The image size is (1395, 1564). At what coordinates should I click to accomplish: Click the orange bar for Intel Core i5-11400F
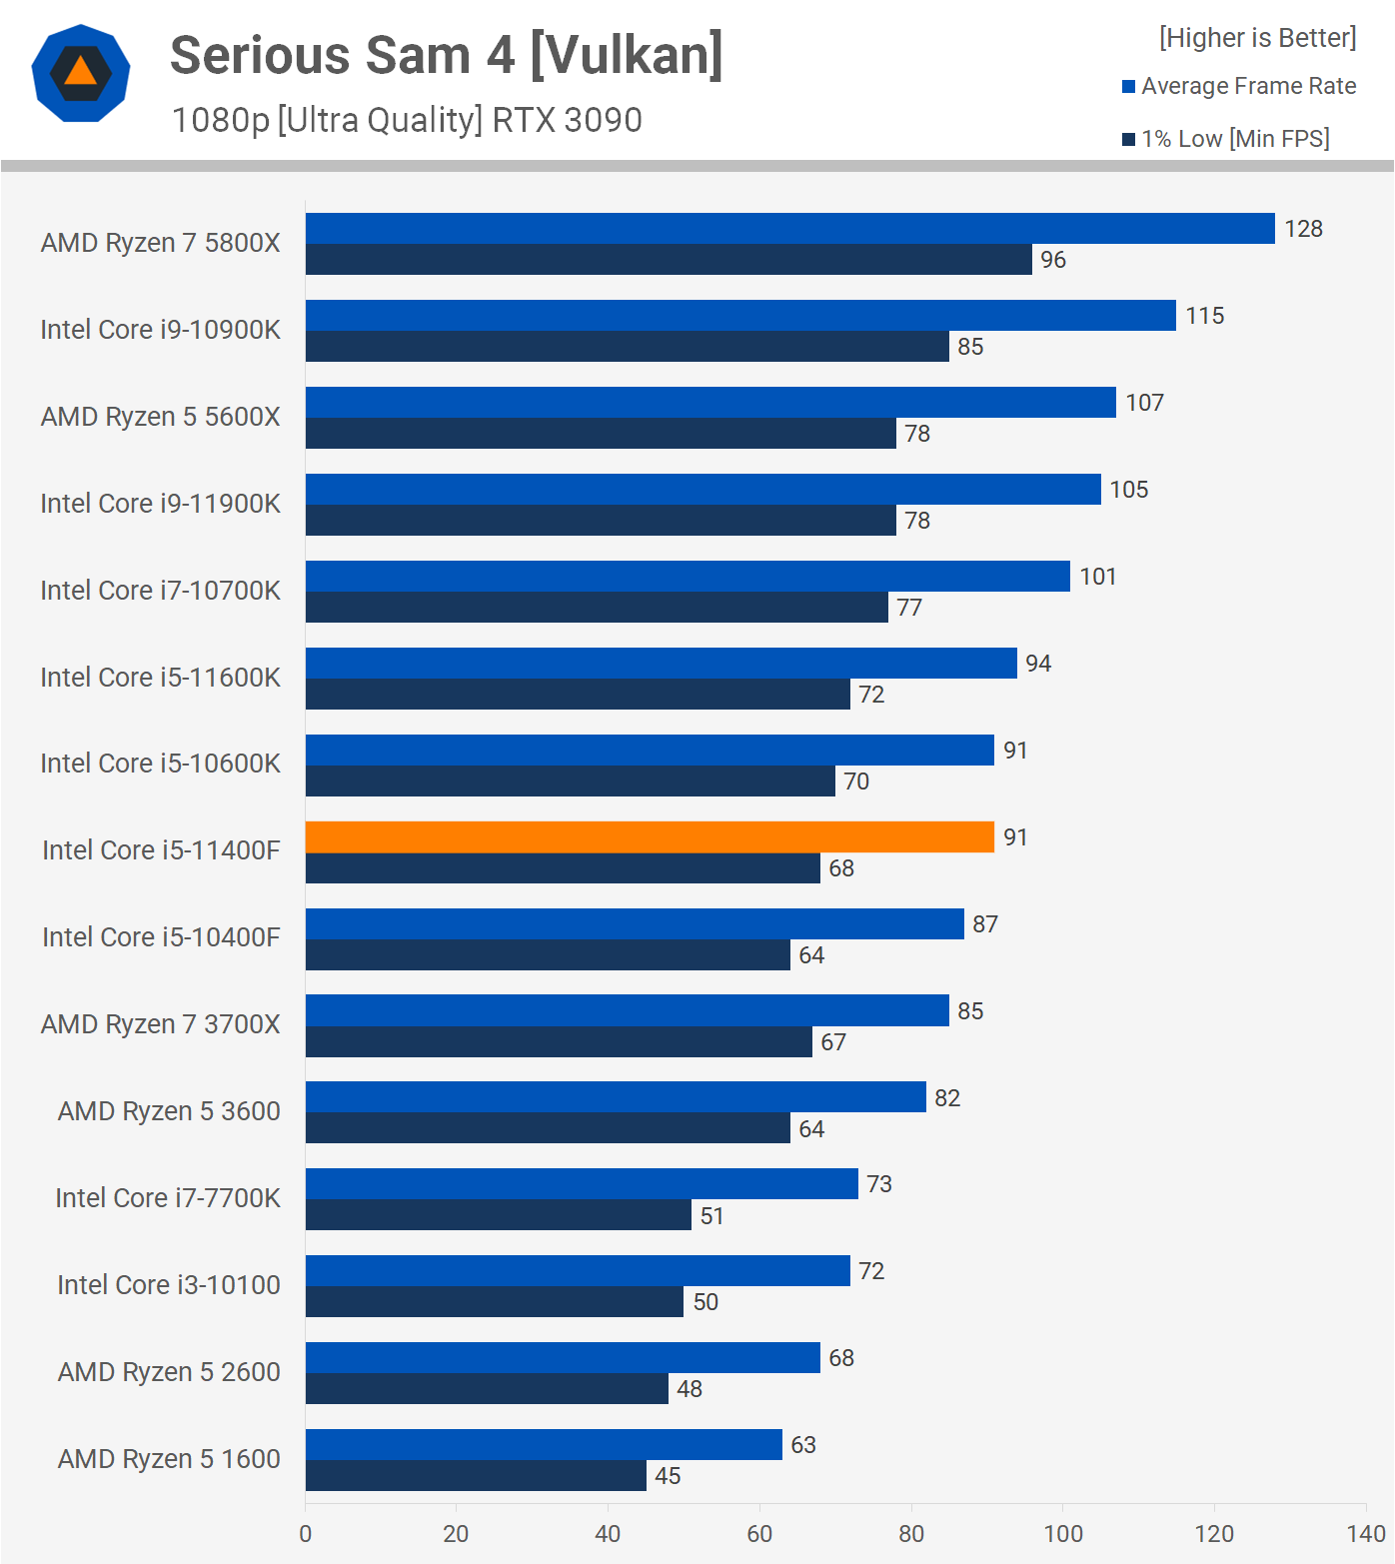[x=650, y=837]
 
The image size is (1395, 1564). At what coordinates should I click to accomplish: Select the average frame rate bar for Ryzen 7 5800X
[x=789, y=229]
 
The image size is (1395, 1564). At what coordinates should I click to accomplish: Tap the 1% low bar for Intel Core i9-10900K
[x=628, y=347]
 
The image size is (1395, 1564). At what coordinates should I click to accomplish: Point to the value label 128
[x=1303, y=229]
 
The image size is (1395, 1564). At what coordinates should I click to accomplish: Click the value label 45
[x=668, y=1476]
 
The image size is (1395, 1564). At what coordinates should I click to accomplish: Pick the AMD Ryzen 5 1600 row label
[x=169, y=1459]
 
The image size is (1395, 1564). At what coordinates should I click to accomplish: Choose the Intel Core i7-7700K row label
[x=168, y=1198]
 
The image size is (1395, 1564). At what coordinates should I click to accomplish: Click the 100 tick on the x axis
[x=1063, y=1534]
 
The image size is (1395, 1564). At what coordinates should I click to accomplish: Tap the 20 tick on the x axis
[x=456, y=1534]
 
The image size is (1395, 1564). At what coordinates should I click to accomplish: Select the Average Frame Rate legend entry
[x=1248, y=86]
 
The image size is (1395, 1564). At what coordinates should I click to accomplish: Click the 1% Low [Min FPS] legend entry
[x=1235, y=139]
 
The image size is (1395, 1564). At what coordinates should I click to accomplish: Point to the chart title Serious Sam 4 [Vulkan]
[x=447, y=55]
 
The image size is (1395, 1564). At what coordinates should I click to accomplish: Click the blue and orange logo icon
[x=81, y=73]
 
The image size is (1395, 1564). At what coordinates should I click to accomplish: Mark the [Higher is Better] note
[x=1257, y=38]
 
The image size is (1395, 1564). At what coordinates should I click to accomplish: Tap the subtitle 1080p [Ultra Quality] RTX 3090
[x=407, y=120]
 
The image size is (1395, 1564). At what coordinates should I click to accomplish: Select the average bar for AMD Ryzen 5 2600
[x=563, y=1358]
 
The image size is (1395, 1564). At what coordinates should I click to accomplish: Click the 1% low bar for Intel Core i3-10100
[x=495, y=1302]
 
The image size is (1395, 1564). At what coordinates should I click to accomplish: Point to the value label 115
[x=1204, y=316]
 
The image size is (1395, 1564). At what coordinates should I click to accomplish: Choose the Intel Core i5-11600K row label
[x=160, y=678]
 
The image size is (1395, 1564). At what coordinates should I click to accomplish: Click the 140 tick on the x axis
[x=1365, y=1534]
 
